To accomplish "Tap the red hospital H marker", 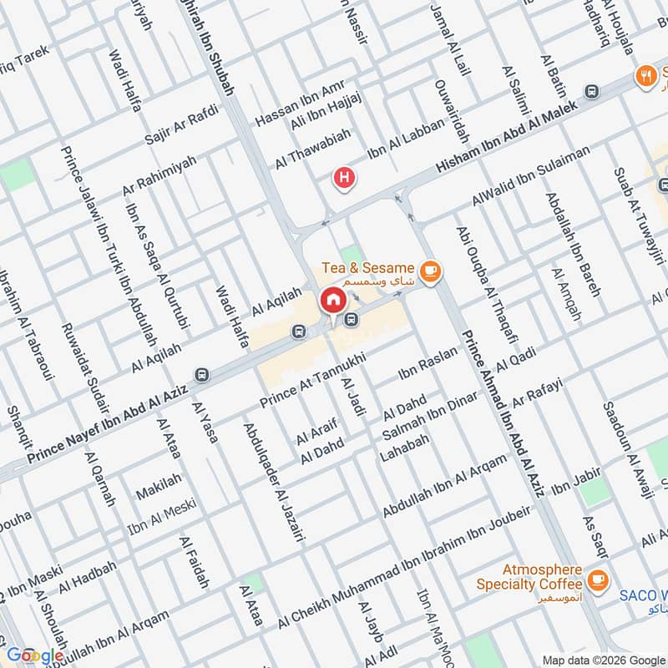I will click(x=342, y=178).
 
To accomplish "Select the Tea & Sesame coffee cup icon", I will click(x=431, y=271).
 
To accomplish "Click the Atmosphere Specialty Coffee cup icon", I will click(x=598, y=579).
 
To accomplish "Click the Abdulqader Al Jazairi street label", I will click(x=272, y=483).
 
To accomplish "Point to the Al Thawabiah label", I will click(x=314, y=149).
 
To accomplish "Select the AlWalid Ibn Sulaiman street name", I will click(x=530, y=175).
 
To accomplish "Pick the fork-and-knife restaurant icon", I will click(x=645, y=75).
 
